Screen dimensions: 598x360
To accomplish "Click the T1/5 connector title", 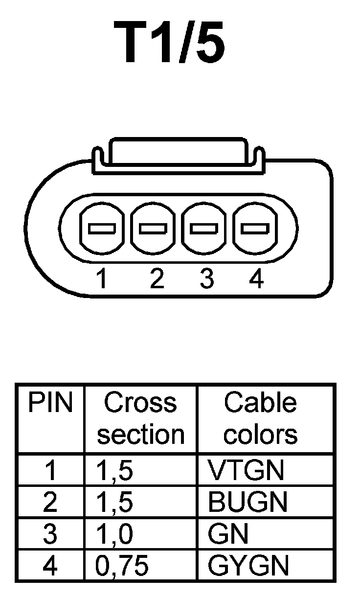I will tap(170, 44).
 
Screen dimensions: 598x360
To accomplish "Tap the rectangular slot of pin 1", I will tap(102, 228).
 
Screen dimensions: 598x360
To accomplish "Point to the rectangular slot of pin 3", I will tap(203, 228).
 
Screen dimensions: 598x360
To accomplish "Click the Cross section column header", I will tap(140, 418).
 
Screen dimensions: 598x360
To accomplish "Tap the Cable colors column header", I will tap(260, 418).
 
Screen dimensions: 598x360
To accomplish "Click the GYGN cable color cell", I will tap(248, 566).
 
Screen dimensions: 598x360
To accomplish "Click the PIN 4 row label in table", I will tap(50, 566).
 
